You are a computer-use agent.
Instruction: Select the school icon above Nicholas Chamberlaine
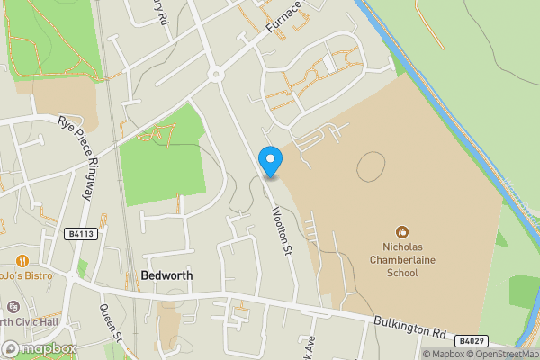click(404, 232)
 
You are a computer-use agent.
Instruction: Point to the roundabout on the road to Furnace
click(215, 75)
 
